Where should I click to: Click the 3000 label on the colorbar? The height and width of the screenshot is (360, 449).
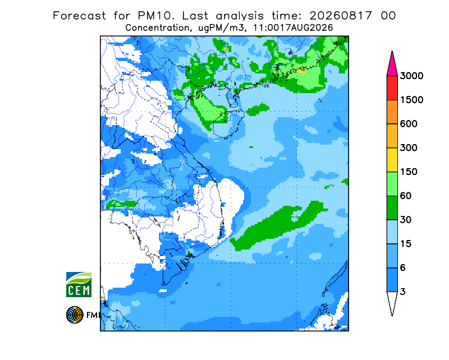pos(411,76)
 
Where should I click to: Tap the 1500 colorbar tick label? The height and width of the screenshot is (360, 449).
pos(411,100)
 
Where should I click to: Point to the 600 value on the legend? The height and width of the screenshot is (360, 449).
pos(409,124)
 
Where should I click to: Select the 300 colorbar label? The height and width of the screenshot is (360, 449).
pos(409,148)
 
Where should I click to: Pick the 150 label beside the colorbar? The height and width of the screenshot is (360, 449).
pos(409,172)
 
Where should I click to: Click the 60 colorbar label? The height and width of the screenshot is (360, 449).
pos(406,196)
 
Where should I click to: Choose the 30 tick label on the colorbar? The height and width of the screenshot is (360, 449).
pos(406,220)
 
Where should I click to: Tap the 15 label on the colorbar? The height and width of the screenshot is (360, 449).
pos(406,244)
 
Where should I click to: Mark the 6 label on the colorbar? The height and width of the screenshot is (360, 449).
pos(402,268)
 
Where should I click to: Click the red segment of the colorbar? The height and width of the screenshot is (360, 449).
pos(392,88)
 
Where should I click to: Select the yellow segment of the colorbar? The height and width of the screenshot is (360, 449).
pos(392,160)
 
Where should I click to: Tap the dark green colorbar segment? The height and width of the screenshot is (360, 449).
pos(392,208)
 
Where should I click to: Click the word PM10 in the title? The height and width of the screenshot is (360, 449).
pos(155,16)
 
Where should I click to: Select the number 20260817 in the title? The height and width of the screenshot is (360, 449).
pos(341,16)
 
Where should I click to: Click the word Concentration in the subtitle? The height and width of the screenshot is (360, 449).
pos(157,28)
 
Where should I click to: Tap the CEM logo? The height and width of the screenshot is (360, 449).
pos(79,284)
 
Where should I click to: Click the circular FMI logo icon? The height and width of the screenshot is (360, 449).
pos(75,315)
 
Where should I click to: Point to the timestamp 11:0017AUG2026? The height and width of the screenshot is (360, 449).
pos(293,28)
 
